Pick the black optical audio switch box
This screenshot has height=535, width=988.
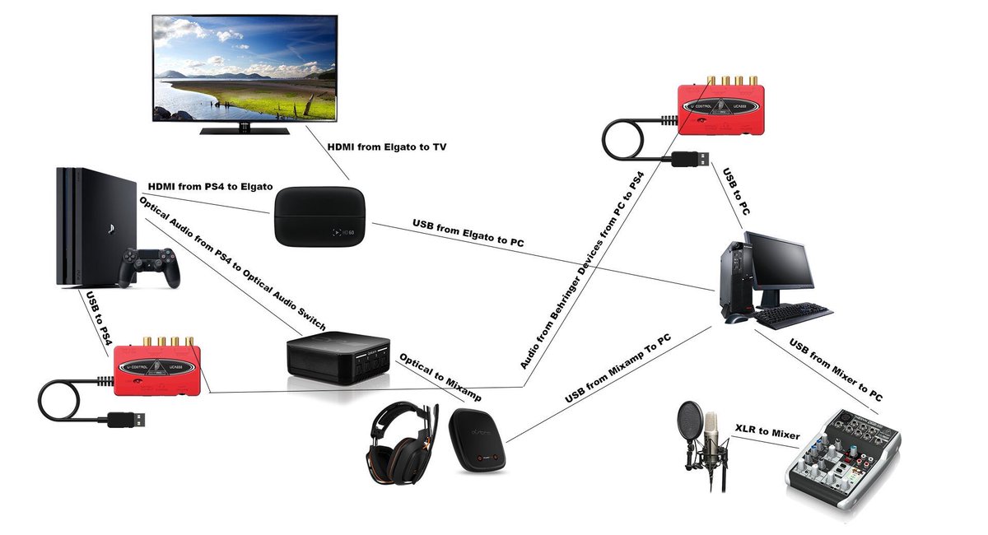pos(338,356)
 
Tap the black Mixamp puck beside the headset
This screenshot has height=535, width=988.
pos(478,440)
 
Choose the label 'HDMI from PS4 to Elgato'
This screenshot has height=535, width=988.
pos(209,186)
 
